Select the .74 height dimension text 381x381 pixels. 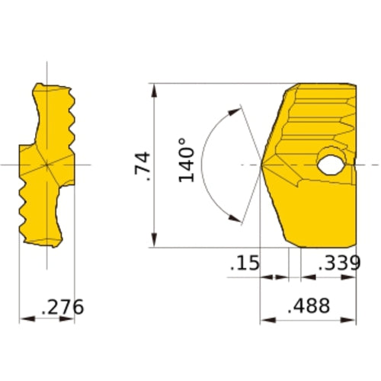tap(142, 165)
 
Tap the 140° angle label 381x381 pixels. tap(188, 159)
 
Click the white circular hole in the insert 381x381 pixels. tap(331, 164)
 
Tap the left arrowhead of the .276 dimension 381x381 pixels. tap(24, 319)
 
